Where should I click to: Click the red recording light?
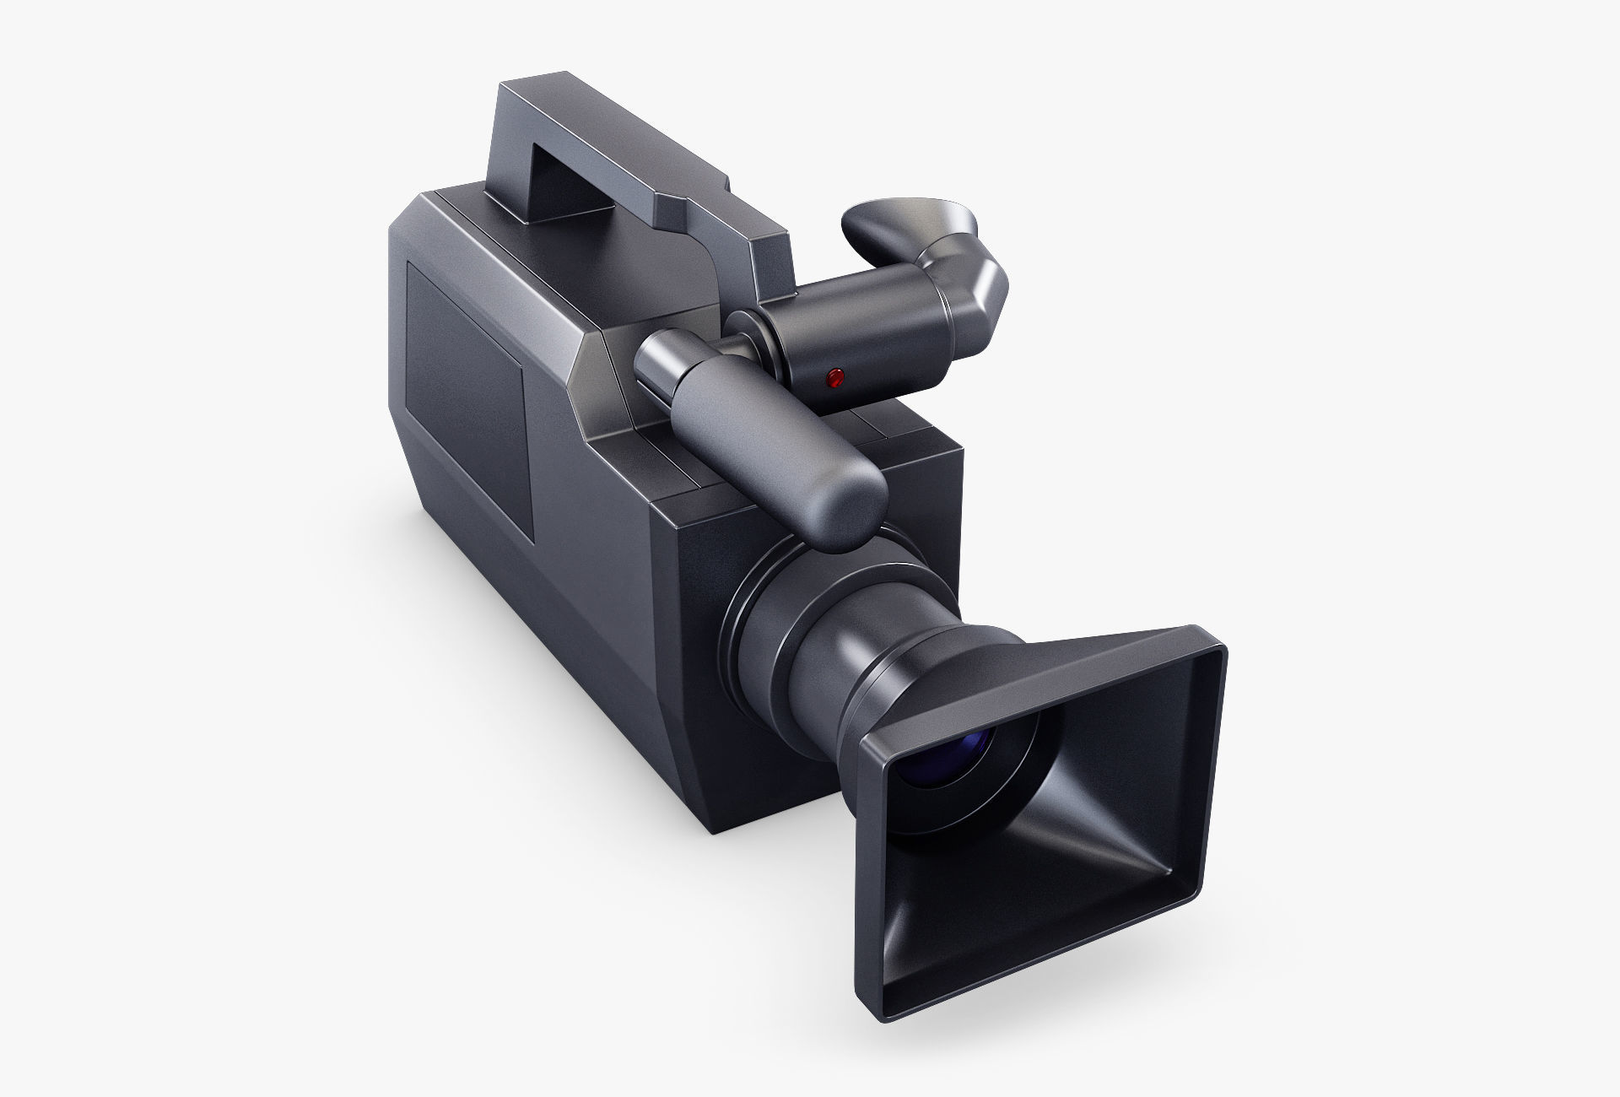(x=834, y=377)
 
